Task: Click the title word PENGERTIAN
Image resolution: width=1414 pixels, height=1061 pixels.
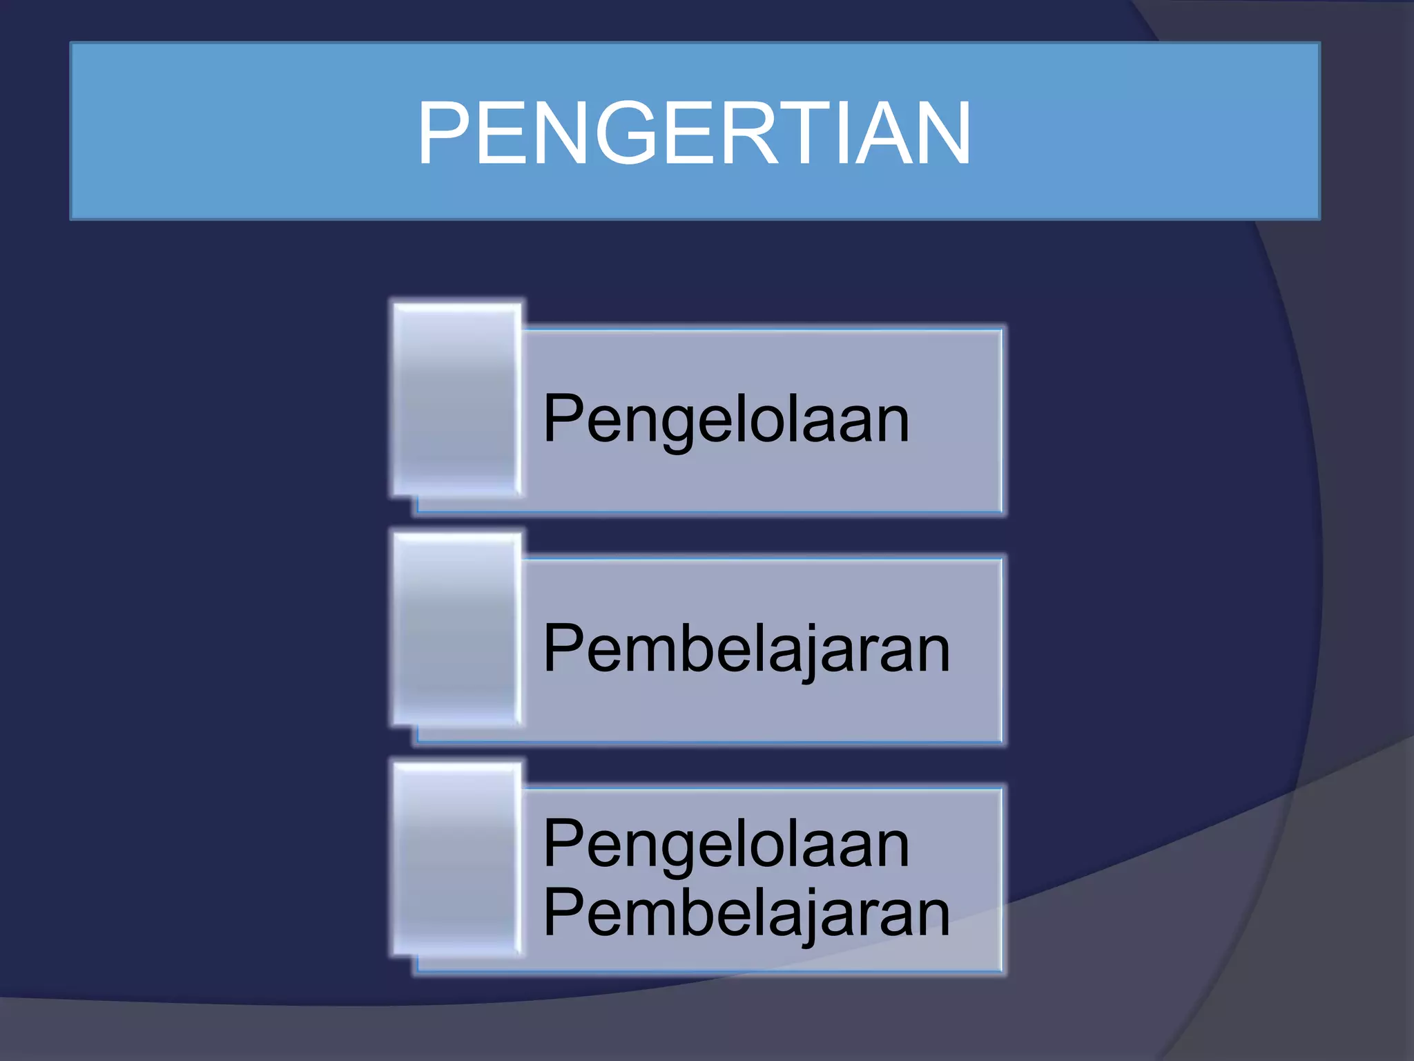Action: tap(694, 133)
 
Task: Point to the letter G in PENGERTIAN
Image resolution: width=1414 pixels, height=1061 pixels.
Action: tap(625, 133)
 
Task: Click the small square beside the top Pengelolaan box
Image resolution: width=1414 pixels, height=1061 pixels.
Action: tap(456, 399)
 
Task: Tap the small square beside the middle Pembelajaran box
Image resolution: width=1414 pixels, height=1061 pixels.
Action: tap(456, 629)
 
